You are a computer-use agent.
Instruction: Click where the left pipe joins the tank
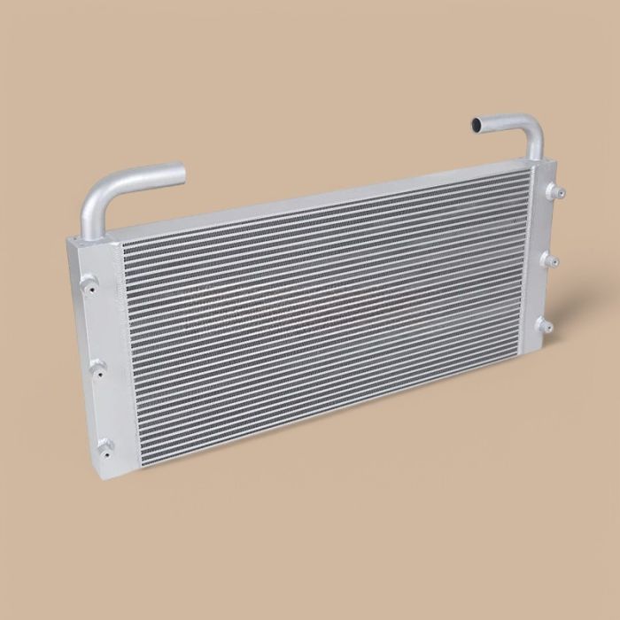coord(90,235)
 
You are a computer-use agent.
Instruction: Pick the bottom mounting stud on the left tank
coord(104,446)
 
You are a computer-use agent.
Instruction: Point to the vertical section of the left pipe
coord(91,217)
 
